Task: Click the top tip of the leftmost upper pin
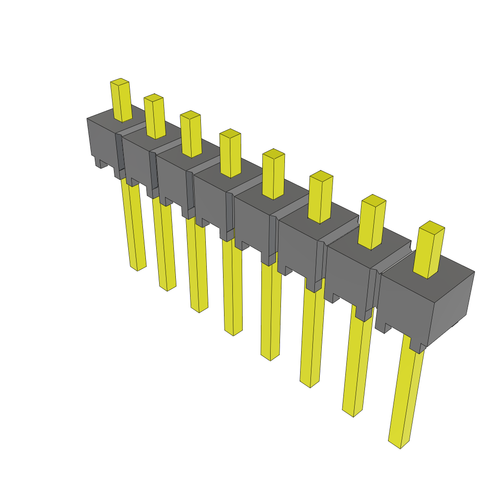tap(119, 81)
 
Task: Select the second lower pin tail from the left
tap(164, 246)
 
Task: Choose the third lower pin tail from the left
tap(197, 268)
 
